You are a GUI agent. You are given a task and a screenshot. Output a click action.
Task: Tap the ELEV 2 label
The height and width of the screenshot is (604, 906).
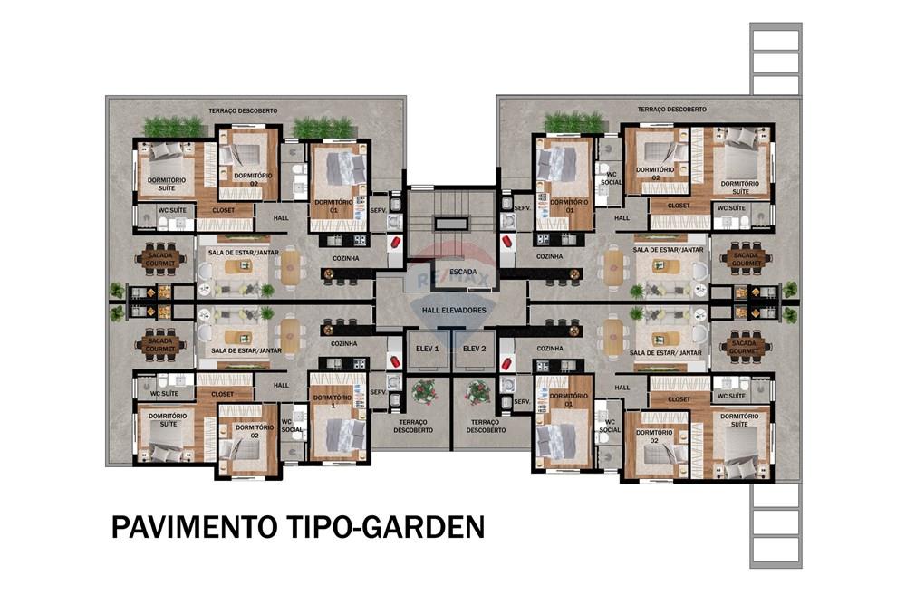click(475, 348)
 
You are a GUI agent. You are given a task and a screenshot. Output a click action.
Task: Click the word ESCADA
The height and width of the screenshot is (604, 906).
click(462, 271)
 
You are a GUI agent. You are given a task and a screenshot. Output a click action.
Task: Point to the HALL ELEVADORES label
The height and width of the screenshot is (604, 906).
click(454, 310)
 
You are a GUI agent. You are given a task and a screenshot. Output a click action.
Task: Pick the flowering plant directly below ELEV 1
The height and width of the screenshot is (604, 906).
click(423, 391)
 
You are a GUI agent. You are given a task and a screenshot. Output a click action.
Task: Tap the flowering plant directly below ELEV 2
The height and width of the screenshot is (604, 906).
click(477, 391)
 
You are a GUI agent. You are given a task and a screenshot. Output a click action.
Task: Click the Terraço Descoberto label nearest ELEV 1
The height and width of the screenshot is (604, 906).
click(413, 426)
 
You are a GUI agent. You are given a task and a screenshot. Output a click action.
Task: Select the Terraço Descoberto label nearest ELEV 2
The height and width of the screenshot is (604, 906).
click(487, 426)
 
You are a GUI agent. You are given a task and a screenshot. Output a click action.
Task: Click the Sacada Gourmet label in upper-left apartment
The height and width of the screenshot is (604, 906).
click(161, 260)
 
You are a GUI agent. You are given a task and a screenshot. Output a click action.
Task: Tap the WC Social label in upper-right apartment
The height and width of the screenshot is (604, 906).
click(611, 178)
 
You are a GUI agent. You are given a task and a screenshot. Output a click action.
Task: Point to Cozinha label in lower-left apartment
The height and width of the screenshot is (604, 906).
click(343, 344)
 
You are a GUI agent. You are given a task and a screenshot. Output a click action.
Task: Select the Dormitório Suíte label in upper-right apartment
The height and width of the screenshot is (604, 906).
click(740, 187)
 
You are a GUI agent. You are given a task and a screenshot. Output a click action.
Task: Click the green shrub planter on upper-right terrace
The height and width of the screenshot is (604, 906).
click(573, 122)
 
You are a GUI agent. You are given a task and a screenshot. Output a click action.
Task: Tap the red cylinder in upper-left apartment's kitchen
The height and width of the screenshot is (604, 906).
click(395, 244)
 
